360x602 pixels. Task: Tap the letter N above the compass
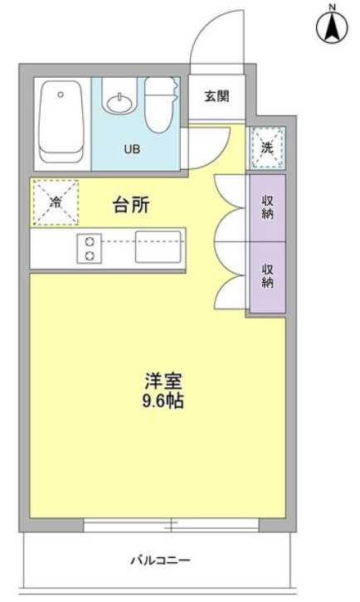(x=333, y=6)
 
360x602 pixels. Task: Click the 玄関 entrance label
(x=217, y=96)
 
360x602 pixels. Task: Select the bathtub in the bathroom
(x=61, y=122)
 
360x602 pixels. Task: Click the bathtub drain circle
(x=61, y=94)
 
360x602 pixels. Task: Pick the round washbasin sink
(x=119, y=103)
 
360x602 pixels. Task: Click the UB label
(x=132, y=149)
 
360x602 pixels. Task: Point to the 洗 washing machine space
(x=267, y=148)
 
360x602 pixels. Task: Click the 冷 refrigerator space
(x=56, y=202)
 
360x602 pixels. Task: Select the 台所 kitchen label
(x=131, y=206)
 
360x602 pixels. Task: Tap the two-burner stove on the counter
(x=90, y=249)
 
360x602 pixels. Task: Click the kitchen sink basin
(x=158, y=247)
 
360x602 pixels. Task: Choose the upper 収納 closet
(x=267, y=207)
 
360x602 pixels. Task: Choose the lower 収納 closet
(x=267, y=277)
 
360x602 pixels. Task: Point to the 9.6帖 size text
(x=163, y=401)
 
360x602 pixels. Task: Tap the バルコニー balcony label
(x=161, y=561)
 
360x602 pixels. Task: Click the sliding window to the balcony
(x=171, y=524)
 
